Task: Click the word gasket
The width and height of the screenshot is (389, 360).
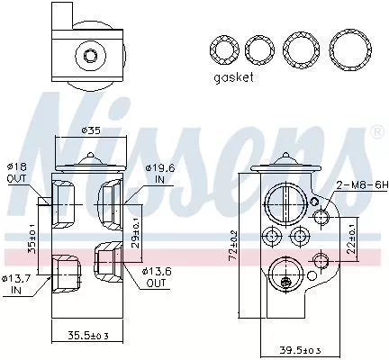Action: click(234, 77)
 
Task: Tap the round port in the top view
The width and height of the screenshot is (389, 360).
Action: click(90, 57)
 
